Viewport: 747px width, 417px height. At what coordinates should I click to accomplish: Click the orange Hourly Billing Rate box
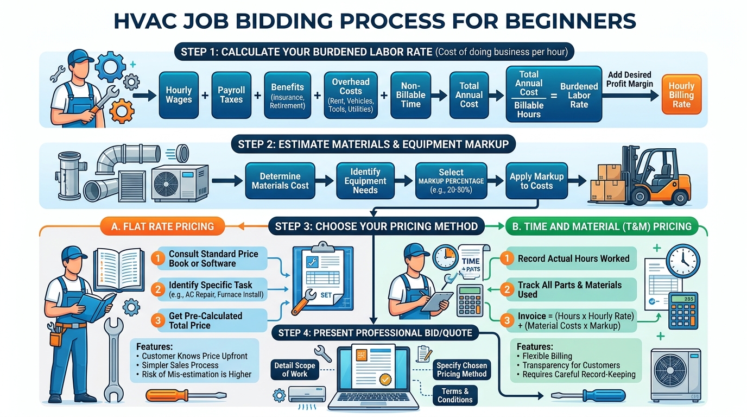pyautogui.click(x=681, y=95)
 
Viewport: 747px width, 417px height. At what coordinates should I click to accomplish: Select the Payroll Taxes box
pyautogui.click(x=231, y=95)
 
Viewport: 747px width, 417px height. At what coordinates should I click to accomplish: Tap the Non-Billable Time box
pyautogui.click(x=410, y=95)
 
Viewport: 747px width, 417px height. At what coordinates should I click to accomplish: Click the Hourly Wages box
pyautogui.click(x=179, y=95)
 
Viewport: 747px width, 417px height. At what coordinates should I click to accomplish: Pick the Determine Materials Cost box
pyautogui.click(x=280, y=181)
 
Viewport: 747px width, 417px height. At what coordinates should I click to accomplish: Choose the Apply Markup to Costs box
pyautogui.click(x=536, y=181)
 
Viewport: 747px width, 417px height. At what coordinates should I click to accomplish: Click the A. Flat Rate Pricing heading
pyautogui.click(x=162, y=226)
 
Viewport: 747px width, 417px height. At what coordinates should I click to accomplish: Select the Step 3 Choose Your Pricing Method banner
pyautogui.click(x=376, y=226)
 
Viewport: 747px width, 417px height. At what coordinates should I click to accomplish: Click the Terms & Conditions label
pyautogui.click(x=455, y=395)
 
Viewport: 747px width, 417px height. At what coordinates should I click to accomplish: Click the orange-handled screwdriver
pyautogui.click(x=186, y=395)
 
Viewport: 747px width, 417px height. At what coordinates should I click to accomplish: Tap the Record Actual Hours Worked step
pyautogui.click(x=573, y=258)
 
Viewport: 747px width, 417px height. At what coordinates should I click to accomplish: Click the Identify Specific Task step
pyautogui.click(x=210, y=289)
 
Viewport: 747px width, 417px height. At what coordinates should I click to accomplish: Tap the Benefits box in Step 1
pyautogui.click(x=287, y=95)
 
